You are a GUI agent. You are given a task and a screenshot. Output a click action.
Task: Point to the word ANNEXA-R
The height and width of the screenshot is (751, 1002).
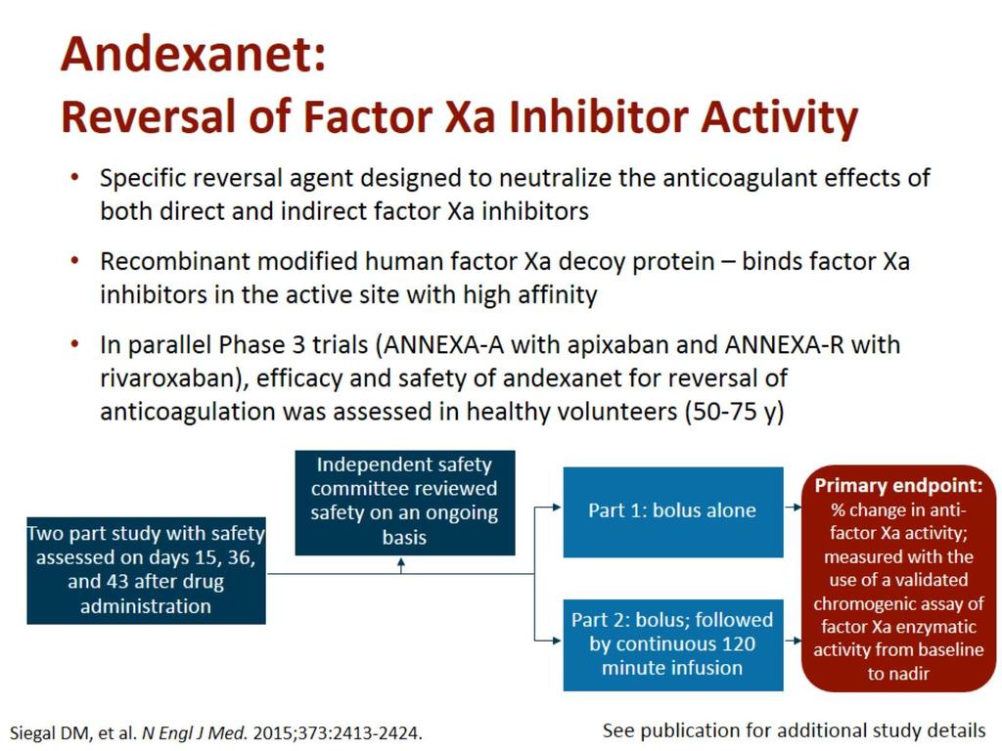pyautogui.click(x=784, y=345)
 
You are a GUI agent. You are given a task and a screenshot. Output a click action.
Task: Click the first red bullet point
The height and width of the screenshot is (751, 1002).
pyautogui.click(x=75, y=177)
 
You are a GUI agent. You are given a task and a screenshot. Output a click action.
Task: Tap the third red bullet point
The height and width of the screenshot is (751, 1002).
pyautogui.click(x=75, y=344)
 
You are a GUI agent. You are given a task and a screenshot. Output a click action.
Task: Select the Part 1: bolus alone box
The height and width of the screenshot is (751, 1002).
pyautogui.click(x=673, y=512)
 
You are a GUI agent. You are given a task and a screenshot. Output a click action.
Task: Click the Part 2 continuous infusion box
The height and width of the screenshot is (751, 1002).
pyautogui.click(x=673, y=644)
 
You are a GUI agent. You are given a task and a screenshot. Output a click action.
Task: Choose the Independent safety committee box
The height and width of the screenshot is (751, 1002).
pyautogui.click(x=404, y=503)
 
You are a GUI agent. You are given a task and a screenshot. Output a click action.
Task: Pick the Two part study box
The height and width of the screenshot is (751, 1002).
pyautogui.click(x=146, y=570)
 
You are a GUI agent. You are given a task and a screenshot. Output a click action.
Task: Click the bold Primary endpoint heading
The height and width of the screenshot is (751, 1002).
pyautogui.click(x=898, y=486)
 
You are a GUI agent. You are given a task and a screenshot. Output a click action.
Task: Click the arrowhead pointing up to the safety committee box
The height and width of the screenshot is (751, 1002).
pyautogui.click(x=401, y=562)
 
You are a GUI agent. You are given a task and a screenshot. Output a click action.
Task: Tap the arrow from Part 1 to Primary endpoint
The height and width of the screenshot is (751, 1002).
pyautogui.click(x=793, y=508)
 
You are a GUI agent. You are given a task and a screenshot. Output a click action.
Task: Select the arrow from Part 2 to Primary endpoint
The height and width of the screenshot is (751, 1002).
pyautogui.click(x=793, y=640)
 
